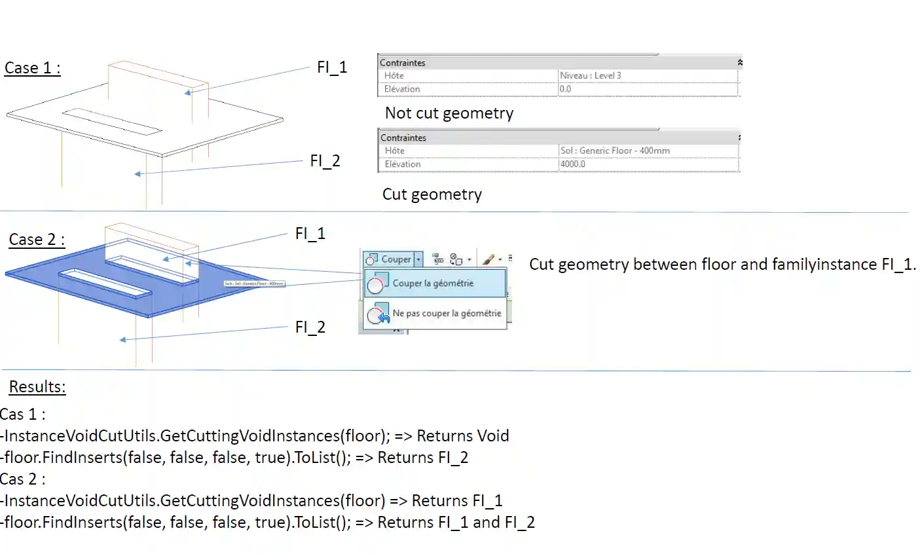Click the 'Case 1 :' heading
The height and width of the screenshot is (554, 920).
32,68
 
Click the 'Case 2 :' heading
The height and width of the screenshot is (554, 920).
37,240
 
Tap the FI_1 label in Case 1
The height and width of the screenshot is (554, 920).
332,67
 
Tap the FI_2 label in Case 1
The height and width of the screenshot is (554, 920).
325,161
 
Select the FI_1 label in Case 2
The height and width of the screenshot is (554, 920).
310,234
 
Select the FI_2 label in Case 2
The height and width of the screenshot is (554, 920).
310,327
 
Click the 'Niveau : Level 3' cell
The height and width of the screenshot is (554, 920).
590,76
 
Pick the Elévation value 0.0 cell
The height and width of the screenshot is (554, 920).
566,89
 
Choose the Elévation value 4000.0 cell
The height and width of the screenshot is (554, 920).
572,164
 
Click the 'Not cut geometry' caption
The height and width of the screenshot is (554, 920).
449,113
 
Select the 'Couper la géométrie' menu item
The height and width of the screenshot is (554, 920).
433,284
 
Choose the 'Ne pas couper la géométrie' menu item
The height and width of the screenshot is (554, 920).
447,314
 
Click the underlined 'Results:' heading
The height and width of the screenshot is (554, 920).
37,387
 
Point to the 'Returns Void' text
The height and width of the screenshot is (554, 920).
463,436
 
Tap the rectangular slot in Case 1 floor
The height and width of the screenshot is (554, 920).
112,121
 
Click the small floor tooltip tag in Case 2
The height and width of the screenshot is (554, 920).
254,284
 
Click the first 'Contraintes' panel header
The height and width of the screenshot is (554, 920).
403,63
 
